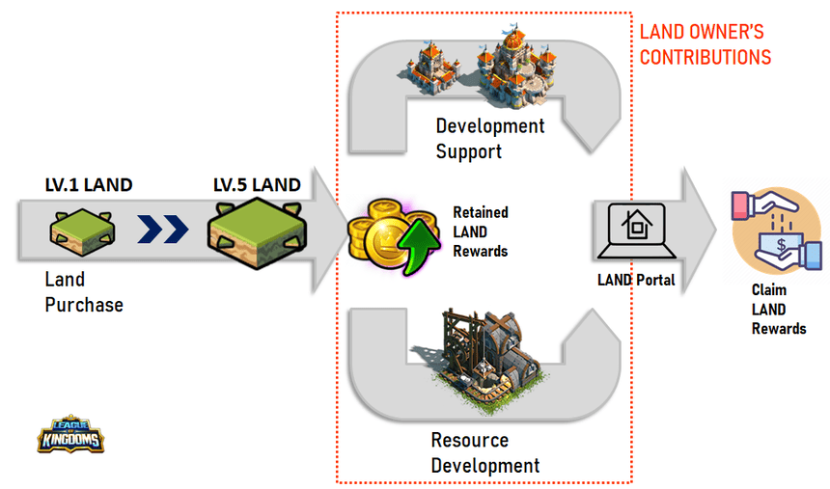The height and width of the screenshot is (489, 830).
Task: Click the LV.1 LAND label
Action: [89, 184]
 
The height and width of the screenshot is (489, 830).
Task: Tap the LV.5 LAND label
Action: [257, 184]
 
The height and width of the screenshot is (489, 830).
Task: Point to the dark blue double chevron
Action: [161, 231]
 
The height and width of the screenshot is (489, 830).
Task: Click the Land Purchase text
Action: [84, 292]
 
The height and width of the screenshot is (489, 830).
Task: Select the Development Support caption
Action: [489, 138]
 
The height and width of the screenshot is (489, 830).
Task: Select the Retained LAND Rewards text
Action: [480, 231]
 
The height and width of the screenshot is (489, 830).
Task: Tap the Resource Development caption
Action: [484, 452]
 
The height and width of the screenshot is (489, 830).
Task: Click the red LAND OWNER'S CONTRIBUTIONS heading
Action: [705, 45]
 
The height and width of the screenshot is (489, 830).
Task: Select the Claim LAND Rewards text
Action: [778, 309]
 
